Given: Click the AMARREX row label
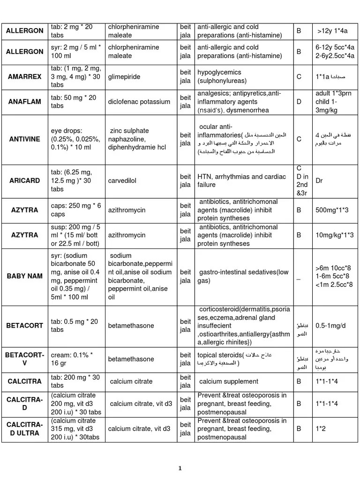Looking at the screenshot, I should pos(25,76).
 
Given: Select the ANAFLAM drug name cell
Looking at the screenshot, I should pos(25,101).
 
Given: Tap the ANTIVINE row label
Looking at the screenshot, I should pos(25,139).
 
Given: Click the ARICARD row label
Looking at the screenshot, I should pos(25,181).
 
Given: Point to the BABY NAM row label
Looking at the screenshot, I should pos(25,276).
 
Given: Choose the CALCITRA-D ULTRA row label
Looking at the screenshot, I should pos(25,428).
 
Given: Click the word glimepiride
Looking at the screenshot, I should pos(124,76).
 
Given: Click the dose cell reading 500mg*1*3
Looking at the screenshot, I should pos(332,210).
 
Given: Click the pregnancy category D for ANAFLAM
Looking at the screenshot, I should pos(299,101).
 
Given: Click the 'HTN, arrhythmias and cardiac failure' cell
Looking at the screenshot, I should pos(242,181).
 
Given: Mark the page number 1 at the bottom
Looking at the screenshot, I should pos(180,468).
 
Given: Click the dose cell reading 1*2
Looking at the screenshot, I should pos(322,428).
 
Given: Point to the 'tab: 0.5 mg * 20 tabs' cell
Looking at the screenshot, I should pos(75,325).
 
